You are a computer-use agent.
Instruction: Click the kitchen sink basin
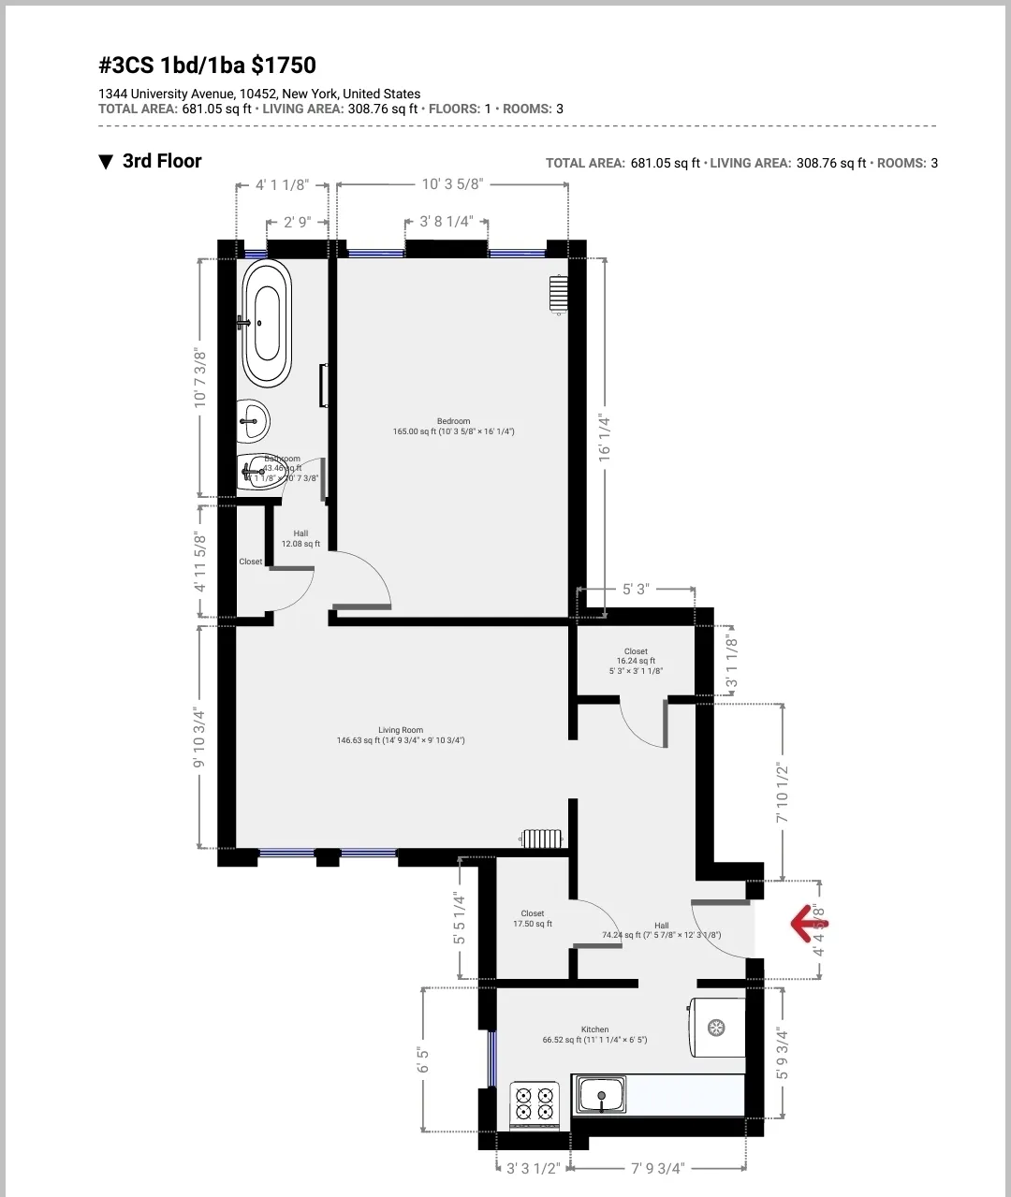coord(601,1094)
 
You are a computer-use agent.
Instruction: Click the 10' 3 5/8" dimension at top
coord(452,184)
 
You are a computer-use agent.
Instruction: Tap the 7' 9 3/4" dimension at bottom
coord(657,1168)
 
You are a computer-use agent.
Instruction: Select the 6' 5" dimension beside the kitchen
coord(423,1059)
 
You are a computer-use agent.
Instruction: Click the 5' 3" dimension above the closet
coord(635,590)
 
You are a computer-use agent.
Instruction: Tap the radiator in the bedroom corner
coord(558,293)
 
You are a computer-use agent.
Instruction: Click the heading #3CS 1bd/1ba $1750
coord(207,66)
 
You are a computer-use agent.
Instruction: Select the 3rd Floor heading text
coord(162,161)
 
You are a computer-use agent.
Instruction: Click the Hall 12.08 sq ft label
coord(300,538)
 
